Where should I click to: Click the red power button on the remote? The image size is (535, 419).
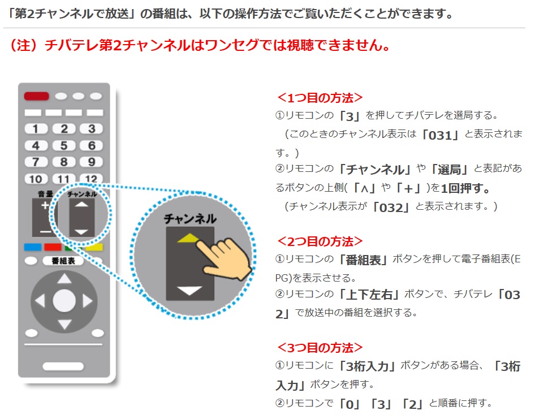[36, 96]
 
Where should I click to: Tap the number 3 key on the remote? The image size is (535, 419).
[92, 129]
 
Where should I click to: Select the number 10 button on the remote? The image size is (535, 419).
[36, 179]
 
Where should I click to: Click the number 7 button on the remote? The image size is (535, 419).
[36, 162]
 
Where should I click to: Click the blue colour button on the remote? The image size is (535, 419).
[33, 247]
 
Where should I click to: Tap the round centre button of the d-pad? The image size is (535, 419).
[64, 301]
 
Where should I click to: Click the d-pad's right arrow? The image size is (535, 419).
[87, 301]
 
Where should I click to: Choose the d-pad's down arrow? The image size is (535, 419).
[64, 324]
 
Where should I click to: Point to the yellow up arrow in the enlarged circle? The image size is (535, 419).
[188, 238]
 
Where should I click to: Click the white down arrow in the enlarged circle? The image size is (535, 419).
[189, 291]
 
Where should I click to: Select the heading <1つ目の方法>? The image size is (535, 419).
[320, 98]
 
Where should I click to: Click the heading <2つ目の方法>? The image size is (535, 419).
[320, 241]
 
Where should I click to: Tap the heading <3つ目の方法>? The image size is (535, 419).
[320, 348]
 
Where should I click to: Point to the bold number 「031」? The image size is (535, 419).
[441, 135]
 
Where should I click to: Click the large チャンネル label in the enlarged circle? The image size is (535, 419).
[190, 219]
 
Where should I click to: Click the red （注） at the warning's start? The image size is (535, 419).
[24, 45]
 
